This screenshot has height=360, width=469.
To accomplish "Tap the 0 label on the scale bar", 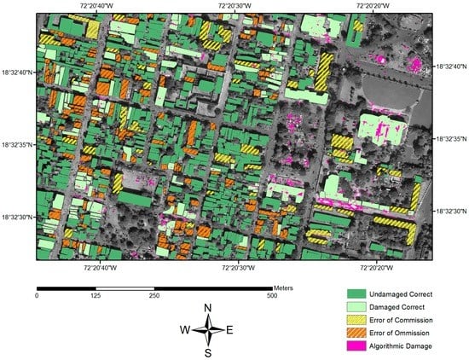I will (x=37, y=295).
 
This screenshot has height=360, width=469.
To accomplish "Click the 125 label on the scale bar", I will (x=96, y=295).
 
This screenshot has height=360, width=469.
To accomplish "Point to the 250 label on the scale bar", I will (x=154, y=295).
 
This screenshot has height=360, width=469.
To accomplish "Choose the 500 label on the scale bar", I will (x=271, y=295).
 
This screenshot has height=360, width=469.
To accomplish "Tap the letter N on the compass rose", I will (x=208, y=309).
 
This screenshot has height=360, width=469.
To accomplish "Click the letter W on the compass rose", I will (x=185, y=329).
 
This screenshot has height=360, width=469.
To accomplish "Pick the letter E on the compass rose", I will (x=230, y=329).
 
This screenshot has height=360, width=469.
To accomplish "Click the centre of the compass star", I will (x=208, y=329).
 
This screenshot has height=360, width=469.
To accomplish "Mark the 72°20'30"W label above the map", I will (x=234, y=5).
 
